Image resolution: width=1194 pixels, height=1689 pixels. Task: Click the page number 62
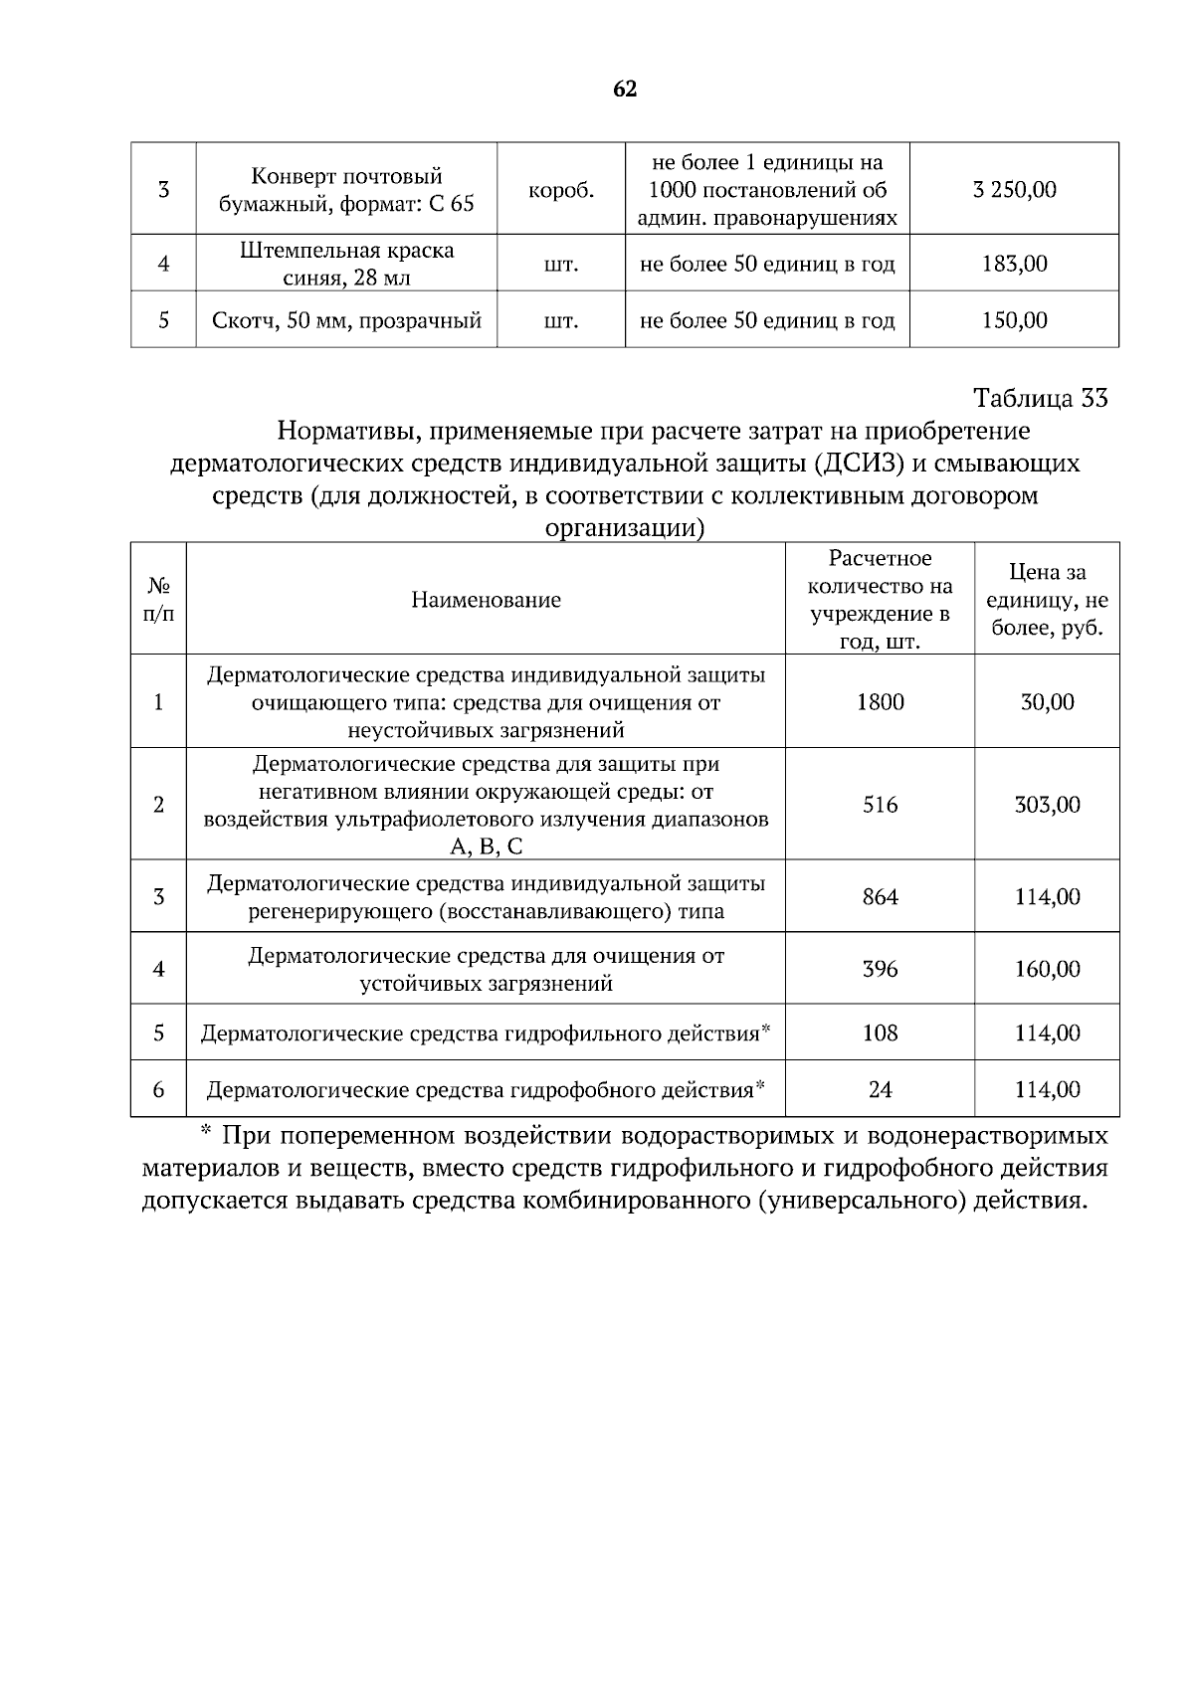pos(625,90)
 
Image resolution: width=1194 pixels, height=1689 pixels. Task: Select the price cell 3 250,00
pos(1014,190)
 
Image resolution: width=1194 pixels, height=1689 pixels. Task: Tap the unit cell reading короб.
pos(561,190)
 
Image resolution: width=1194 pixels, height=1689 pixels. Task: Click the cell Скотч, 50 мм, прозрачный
pos(346,320)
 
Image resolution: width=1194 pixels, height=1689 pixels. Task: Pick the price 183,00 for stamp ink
pos(1014,264)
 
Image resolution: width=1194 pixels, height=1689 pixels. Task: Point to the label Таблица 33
pos(1040,399)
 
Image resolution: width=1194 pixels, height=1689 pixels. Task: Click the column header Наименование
pos(486,600)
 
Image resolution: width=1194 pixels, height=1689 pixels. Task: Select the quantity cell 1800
pos(880,702)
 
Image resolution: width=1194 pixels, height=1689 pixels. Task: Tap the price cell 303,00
pos(1047,805)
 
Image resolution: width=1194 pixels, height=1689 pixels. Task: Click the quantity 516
pos(880,805)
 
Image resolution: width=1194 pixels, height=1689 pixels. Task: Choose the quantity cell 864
pos(880,897)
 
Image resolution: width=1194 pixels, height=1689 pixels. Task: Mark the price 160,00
pos(1047,969)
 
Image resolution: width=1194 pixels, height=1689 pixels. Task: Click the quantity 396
pos(880,969)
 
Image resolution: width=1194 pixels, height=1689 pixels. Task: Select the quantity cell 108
pos(880,1033)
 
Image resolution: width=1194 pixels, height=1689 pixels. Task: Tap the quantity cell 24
pos(880,1090)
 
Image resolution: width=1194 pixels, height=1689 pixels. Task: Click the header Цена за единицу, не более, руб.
pos(1047,600)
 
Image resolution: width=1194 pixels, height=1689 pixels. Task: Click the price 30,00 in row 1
pos(1047,702)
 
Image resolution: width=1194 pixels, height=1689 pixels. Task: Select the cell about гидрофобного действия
pos(486,1090)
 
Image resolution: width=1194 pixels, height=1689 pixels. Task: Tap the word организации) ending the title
pos(625,528)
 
